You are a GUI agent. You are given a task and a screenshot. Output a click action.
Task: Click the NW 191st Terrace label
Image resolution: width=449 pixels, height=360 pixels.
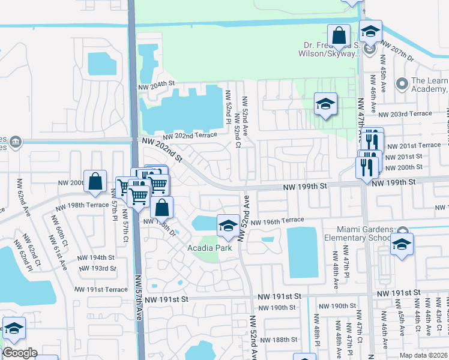tap(98, 289)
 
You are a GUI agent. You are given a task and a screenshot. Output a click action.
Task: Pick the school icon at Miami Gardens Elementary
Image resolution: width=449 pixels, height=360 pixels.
tap(402, 244)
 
